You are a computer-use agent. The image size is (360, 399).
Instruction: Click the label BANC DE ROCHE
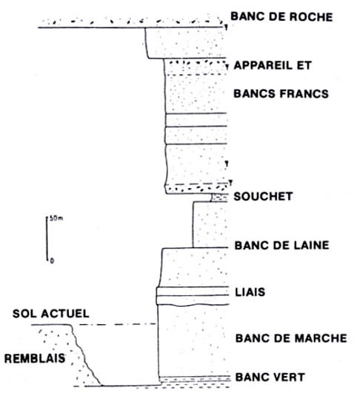point(281,17)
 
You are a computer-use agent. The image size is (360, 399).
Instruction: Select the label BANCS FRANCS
point(281,93)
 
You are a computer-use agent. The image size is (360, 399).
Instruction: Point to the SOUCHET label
point(263,196)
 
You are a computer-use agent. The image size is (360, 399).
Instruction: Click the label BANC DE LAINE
point(281,245)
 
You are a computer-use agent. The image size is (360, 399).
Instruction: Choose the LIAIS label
point(250,292)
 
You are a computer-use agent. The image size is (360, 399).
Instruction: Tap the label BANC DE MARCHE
point(291,338)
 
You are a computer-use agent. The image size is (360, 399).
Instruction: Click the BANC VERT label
point(270,377)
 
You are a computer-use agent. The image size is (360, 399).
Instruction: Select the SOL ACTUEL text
point(51,314)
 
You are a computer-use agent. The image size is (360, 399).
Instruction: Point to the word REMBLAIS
point(35,358)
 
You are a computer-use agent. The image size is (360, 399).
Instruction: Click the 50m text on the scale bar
point(56,218)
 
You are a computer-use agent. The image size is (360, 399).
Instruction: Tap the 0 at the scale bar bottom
point(52,261)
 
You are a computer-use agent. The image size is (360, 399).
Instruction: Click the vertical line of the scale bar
point(47,239)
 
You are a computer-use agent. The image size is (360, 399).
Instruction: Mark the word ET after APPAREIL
point(304,65)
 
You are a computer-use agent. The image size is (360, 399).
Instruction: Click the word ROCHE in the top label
point(311,17)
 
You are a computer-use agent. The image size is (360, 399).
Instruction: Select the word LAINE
point(310,245)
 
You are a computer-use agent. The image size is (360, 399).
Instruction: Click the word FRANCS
point(304,93)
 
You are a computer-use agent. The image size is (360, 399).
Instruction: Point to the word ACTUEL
point(66,314)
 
